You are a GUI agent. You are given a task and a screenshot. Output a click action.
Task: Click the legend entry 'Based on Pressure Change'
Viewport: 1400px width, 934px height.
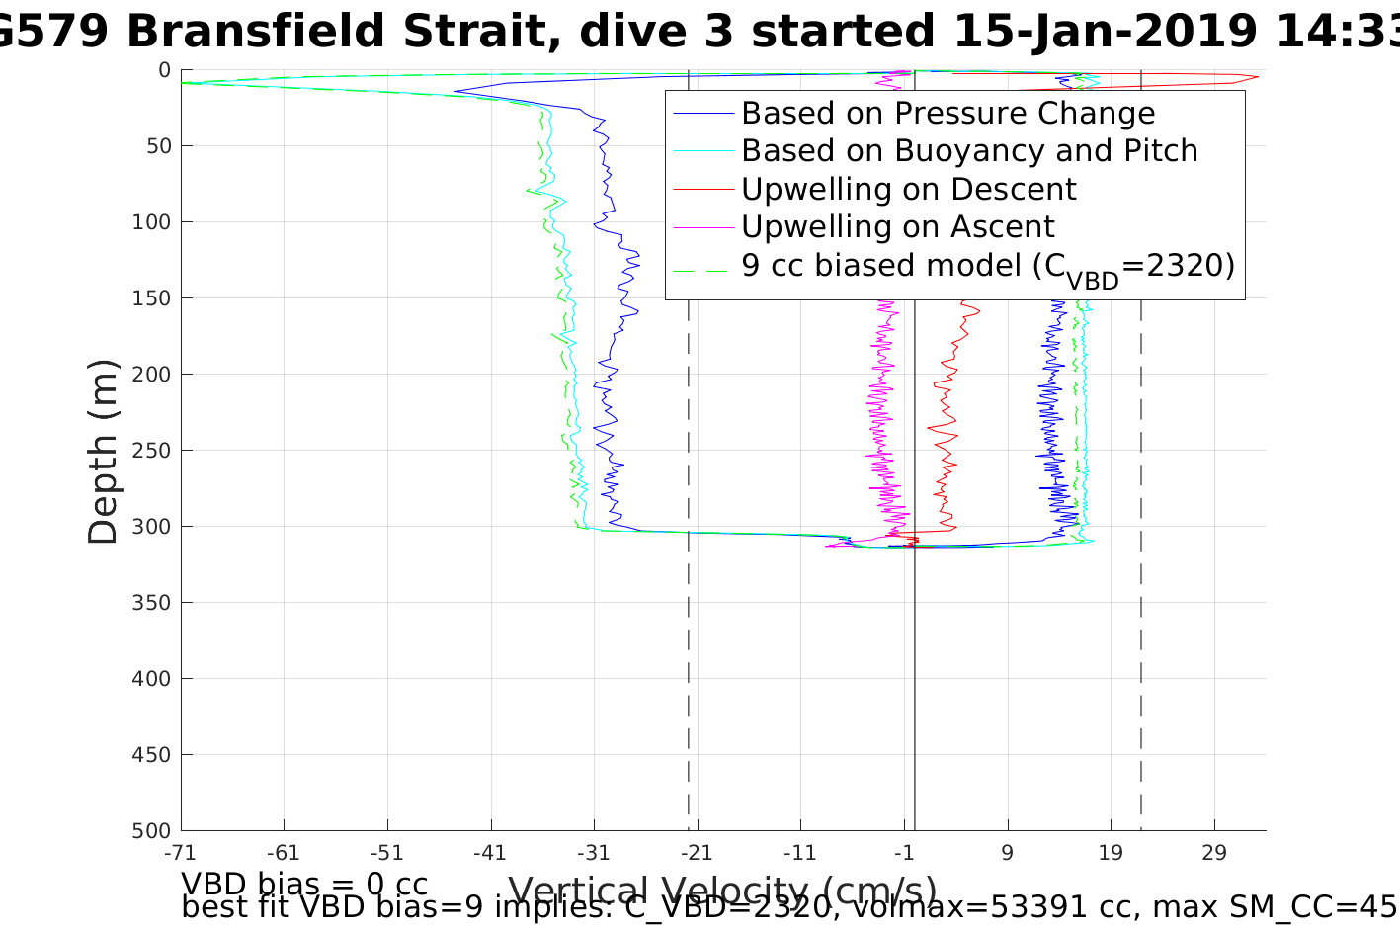pyautogui.click(x=947, y=114)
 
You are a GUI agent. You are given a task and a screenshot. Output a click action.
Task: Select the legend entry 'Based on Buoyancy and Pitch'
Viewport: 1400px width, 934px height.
pyautogui.click(x=969, y=151)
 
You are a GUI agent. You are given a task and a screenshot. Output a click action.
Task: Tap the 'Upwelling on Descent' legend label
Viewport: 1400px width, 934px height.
pyautogui.click(x=908, y=189)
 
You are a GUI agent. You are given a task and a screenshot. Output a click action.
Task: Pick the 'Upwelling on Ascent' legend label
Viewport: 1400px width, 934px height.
pyautogui.click(x=897, y=227)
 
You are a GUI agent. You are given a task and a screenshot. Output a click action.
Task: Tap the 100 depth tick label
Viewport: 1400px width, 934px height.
pyautogui.click(x=151, y=222)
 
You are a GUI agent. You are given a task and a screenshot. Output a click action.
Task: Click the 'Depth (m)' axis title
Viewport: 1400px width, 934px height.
pyautogui.click(x=103, y=451)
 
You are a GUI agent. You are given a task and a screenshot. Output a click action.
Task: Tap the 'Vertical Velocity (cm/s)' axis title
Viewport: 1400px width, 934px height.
pyautogui.click(x=722, y=891)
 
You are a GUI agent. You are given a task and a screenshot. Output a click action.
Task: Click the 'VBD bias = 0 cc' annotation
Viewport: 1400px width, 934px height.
pyautogui.click(x=304, y=883)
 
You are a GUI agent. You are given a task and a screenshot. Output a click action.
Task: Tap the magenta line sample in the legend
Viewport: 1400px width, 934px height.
pyautogui.click(x=703, y=227)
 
